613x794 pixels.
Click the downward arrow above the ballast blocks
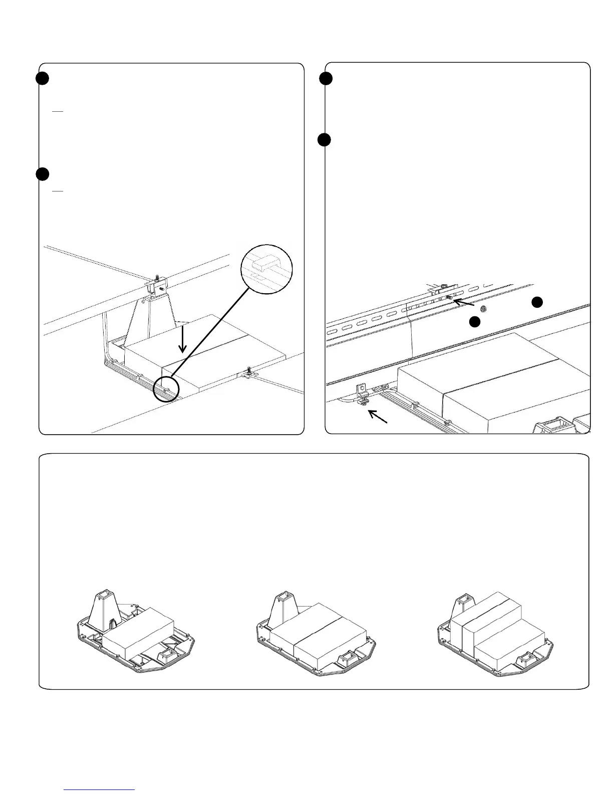(x=183, y=339)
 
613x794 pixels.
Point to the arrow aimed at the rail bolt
(x=463, y=303)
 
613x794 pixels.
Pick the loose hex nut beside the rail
(x=484, y=308)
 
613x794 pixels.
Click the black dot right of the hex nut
(x=537, y=301)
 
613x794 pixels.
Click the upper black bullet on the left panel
(x=42, y=79)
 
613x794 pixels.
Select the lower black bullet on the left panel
(x=42, y=174)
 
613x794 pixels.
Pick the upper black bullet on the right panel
(x=326, y=78)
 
